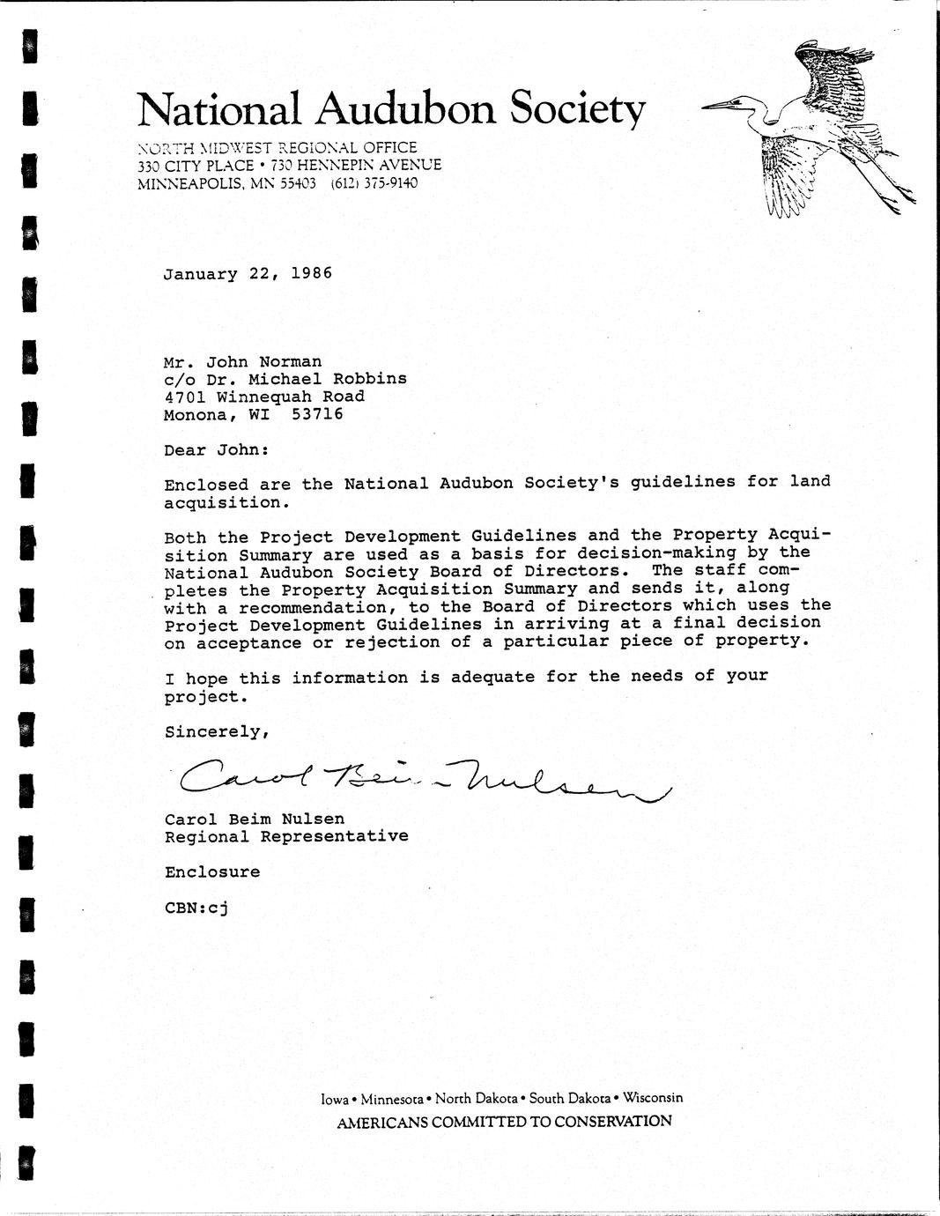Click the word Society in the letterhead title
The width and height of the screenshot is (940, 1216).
coord(577,111)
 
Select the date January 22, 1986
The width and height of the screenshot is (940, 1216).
coord(248,273)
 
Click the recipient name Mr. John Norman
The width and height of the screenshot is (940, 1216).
coord(242,362)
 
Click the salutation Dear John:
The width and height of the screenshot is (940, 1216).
coord(213,450)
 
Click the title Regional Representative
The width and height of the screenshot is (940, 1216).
coord(286,836)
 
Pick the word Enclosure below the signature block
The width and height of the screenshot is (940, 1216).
coord(212,872)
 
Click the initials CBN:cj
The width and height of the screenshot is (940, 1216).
coord(196,908)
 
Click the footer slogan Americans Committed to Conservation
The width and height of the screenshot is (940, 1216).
coord(504,1122)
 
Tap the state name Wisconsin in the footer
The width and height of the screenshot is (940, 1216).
coord(653,1098)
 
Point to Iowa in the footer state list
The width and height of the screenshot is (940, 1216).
coord(334,1099)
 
